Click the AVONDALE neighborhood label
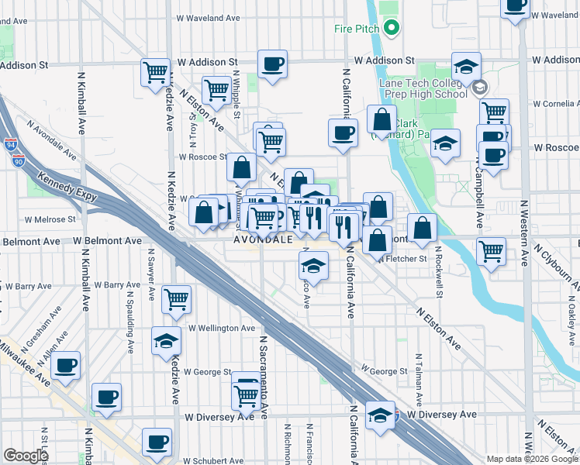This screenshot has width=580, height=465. tap(264, 240)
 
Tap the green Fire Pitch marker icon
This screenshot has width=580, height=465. tap(392, 29)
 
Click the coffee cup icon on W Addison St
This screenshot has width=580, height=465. tap(272, 64)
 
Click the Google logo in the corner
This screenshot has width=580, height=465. tap(26, 456)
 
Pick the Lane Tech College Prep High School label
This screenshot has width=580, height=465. tap(423, 88)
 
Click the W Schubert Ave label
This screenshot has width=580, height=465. tap(212, 449)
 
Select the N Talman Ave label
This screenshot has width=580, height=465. tap(419, 374)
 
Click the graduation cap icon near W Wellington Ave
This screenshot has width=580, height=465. tap(165, 341)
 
